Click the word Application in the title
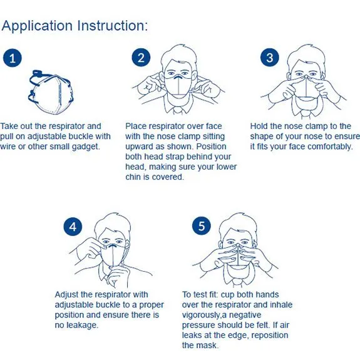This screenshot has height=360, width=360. (x=37, y=26)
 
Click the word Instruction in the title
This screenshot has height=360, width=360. (x=111, y=26)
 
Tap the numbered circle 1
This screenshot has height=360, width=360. (x=13, y=58)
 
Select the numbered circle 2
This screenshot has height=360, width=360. (x=141, y=58)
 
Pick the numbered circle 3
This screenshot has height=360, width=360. (x=270, y=58)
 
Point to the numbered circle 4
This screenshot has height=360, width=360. (x=73, y=227)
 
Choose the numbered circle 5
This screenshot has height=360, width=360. (x=202, y=225)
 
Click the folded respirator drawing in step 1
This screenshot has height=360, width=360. (x=51, y=92)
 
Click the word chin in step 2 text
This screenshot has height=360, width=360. (x=133, y=177)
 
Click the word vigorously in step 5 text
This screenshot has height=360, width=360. (x=202, y=315)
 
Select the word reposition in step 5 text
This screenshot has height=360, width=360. (x=270, y=335)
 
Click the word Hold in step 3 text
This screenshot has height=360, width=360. (x=259, y=126)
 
